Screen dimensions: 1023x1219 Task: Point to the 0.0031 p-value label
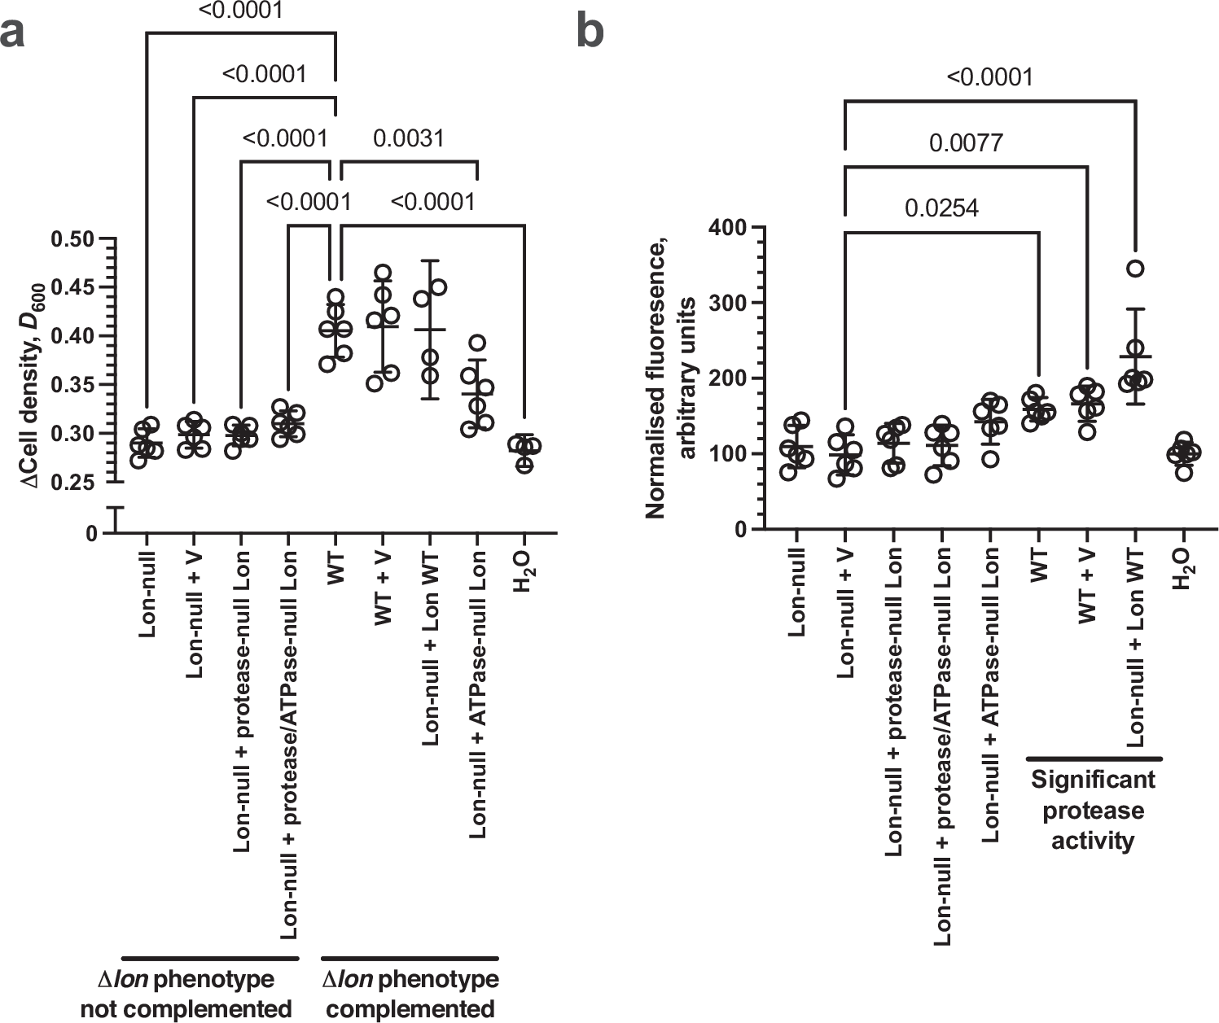click(408, 138)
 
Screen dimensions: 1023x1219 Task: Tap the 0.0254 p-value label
click(941, 208)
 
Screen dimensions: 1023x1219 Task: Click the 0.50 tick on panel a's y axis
click(74, 239)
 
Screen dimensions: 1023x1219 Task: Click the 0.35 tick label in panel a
click(74, 385)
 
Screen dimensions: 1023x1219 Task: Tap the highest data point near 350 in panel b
click(1136, 269)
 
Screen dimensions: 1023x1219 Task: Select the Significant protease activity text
click(1093, 810)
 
